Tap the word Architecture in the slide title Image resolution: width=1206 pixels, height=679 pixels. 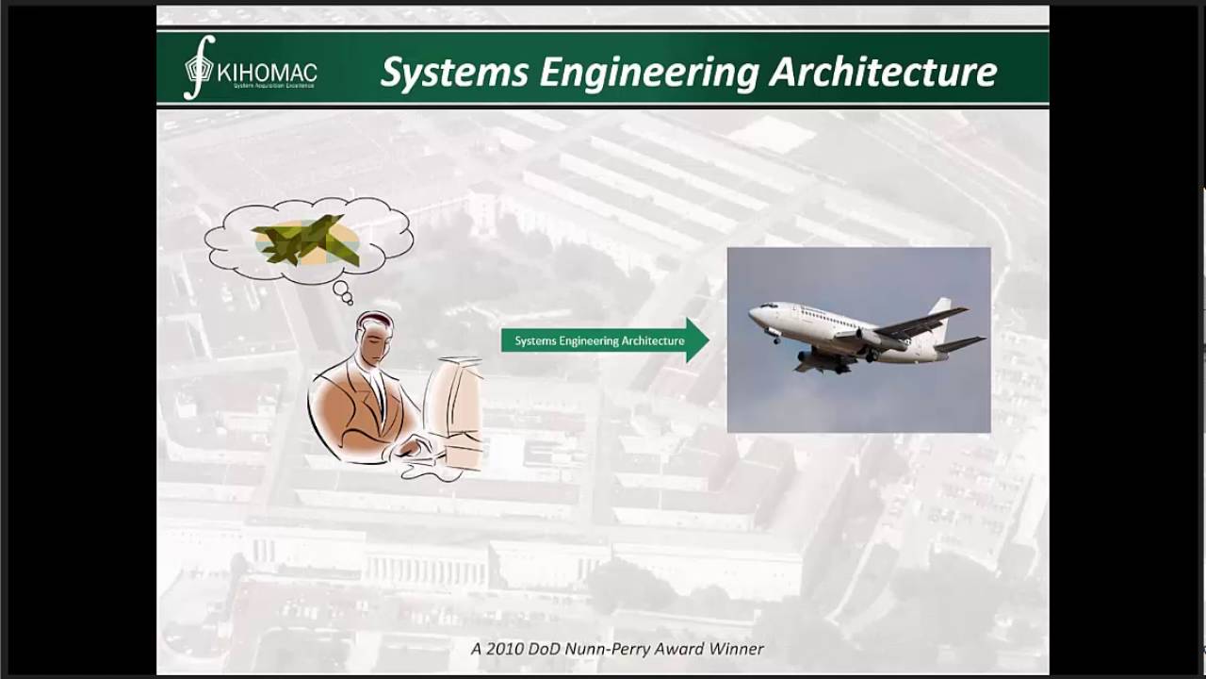click(883, 73)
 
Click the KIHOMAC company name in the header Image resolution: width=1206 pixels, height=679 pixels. click(267, 71)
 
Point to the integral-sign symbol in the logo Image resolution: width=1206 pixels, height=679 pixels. click(199, 66)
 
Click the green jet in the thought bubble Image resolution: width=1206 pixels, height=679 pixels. click(306, 240)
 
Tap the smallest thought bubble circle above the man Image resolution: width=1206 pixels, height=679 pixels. click(348, 299)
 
